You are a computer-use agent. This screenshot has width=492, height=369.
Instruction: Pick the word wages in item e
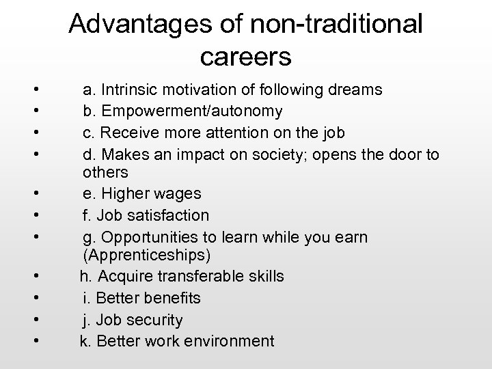[176, 194]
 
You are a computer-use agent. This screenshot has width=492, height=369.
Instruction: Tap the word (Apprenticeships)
[146, 256]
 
